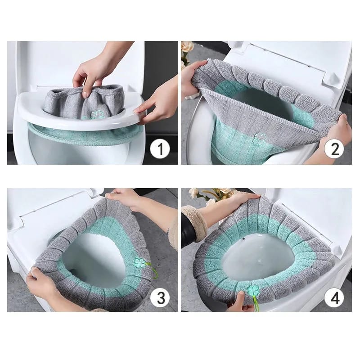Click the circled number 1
coord(160,148)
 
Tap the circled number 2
coord(334,148)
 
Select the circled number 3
coord(160,297)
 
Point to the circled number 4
coord(334,297)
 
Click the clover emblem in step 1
coord(96,115)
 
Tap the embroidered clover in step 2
coord(260,138)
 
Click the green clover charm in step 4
coord(253,290)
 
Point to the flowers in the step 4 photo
coord(211,194)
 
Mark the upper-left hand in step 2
coord(191,76)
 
